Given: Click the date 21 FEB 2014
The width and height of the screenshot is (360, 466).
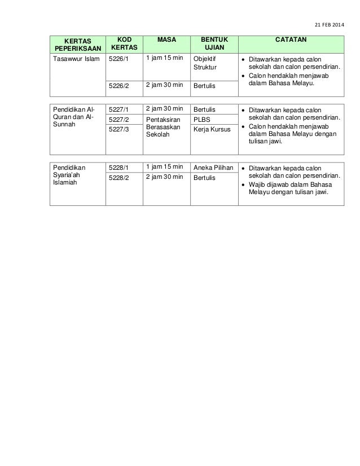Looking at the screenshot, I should click(324, 25).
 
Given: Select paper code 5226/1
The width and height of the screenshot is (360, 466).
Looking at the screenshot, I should click(118, 58).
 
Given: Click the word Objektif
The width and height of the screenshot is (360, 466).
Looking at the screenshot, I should click(204, 58).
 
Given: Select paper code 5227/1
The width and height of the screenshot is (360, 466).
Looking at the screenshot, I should click(118, 109).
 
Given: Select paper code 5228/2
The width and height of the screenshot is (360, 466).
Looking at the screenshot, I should click(118, 178).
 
